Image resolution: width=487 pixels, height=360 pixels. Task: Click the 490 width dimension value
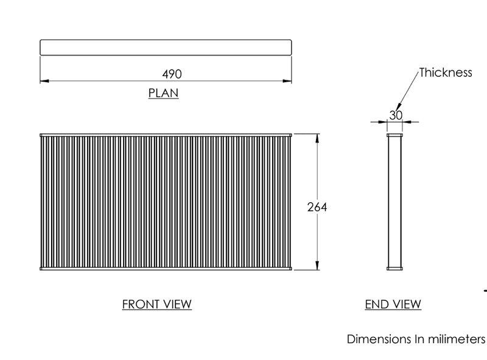[x=172, y=74]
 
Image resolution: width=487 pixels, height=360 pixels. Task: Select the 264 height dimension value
[x=317, y=207]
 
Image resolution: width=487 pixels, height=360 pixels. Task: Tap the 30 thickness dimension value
[x=396, y=115]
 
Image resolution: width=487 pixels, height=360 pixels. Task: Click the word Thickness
[x=446, y=72]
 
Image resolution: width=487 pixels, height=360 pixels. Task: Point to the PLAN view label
[x=163, y=93]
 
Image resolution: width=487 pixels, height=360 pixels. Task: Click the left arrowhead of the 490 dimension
[x=44, y=81]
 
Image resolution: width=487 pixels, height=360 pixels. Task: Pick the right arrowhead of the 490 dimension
[x=287, y=81]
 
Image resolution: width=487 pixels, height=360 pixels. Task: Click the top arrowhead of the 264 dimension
[x=317, y=138]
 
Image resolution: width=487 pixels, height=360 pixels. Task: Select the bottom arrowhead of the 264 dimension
[x=317, y=266]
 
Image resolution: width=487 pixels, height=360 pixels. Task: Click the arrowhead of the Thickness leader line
[x=398, y=107]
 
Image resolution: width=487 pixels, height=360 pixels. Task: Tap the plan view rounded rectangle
[x=166, y=40]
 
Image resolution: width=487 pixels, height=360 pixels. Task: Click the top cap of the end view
[x=394, y=135]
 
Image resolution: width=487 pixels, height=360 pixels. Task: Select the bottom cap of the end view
[x=394, y=269]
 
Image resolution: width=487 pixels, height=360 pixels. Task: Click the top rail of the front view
[x=166, y=135]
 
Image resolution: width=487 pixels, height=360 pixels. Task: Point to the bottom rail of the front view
[x=166, y=269]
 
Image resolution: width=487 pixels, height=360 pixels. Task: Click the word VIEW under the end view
[x=407, y=304]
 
